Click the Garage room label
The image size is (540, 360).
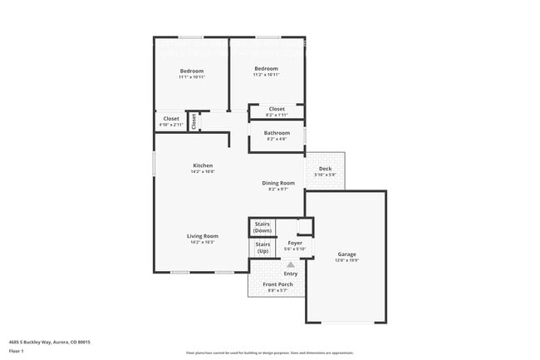click(x=346, y=254)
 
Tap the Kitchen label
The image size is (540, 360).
click(x=203, y=165)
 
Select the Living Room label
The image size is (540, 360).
click(x=203, y=236)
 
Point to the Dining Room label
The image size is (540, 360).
click(x=278, y=183)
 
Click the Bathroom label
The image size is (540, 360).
click(x=277, y=133)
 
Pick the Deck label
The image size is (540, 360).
click(x=325, y=169)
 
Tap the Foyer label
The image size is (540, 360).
click(x=295, y=243)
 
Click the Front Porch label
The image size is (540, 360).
click(x=277, y=284)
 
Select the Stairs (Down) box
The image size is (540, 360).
click(x=262, y=227)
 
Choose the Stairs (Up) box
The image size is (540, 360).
click(x=263, y=247)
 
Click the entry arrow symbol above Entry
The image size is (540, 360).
click(x=290, y=264)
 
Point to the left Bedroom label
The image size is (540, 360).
click(x=192, y=71)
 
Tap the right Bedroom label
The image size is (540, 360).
click(x=266, y=68)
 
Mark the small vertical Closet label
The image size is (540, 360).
click(x=194, y=121)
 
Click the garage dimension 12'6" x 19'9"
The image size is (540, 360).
click(x=346, y=260)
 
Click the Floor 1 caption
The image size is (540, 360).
click(x=17, y=351)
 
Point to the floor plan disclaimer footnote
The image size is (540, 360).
click(x=269, y=353)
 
